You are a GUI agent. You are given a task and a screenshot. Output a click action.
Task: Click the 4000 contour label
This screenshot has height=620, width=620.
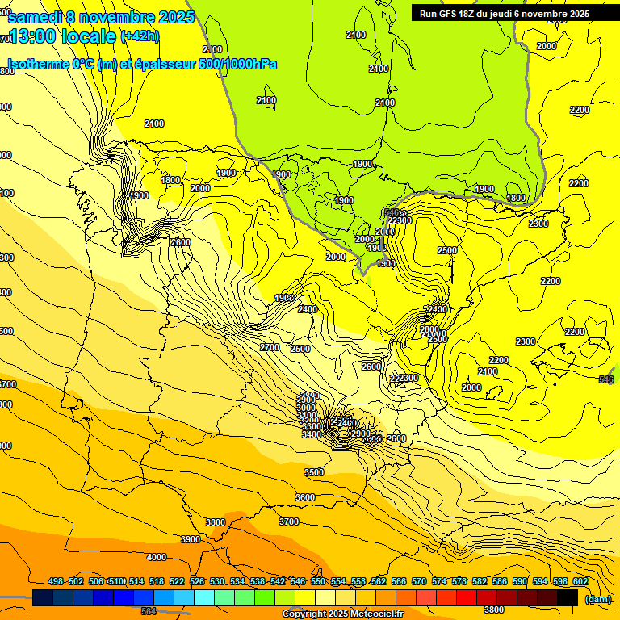click(x=157, y=557)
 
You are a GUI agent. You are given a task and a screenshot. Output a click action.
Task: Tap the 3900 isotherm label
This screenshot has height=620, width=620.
click(x=191, y=539)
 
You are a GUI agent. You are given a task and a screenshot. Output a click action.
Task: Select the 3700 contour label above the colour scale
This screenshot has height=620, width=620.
click(x=289, y=522)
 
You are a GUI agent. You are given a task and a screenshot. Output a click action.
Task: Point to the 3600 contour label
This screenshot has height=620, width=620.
click(x=305, y=497)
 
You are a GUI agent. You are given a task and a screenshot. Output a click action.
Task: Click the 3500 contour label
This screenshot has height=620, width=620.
click(x=314, y=472)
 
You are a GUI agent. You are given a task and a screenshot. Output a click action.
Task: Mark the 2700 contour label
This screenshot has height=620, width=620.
click(x=270, y=347)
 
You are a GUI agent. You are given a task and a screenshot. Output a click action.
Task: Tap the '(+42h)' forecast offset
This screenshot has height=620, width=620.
click(x=140, y=36)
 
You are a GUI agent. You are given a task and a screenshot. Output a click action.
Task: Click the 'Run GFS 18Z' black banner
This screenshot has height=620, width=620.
click(x=505, y=14)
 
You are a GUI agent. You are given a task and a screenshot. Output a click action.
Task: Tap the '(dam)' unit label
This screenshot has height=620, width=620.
click(x=598, y=599)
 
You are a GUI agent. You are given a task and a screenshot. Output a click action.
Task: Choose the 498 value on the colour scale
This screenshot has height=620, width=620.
click(x=56, y=581)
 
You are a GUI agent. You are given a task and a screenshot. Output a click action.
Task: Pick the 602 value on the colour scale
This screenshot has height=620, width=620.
click(x=580, y=581)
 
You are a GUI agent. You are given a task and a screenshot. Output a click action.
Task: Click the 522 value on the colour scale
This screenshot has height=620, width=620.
click(x=177, y=581)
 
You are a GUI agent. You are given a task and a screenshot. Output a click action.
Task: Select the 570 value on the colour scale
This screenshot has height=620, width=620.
click(x=419, y=581)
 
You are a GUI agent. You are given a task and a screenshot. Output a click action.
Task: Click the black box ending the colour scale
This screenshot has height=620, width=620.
click(x=568, y=598)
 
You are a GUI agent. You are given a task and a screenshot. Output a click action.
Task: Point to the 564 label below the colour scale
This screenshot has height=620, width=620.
click(x=148, y=611)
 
